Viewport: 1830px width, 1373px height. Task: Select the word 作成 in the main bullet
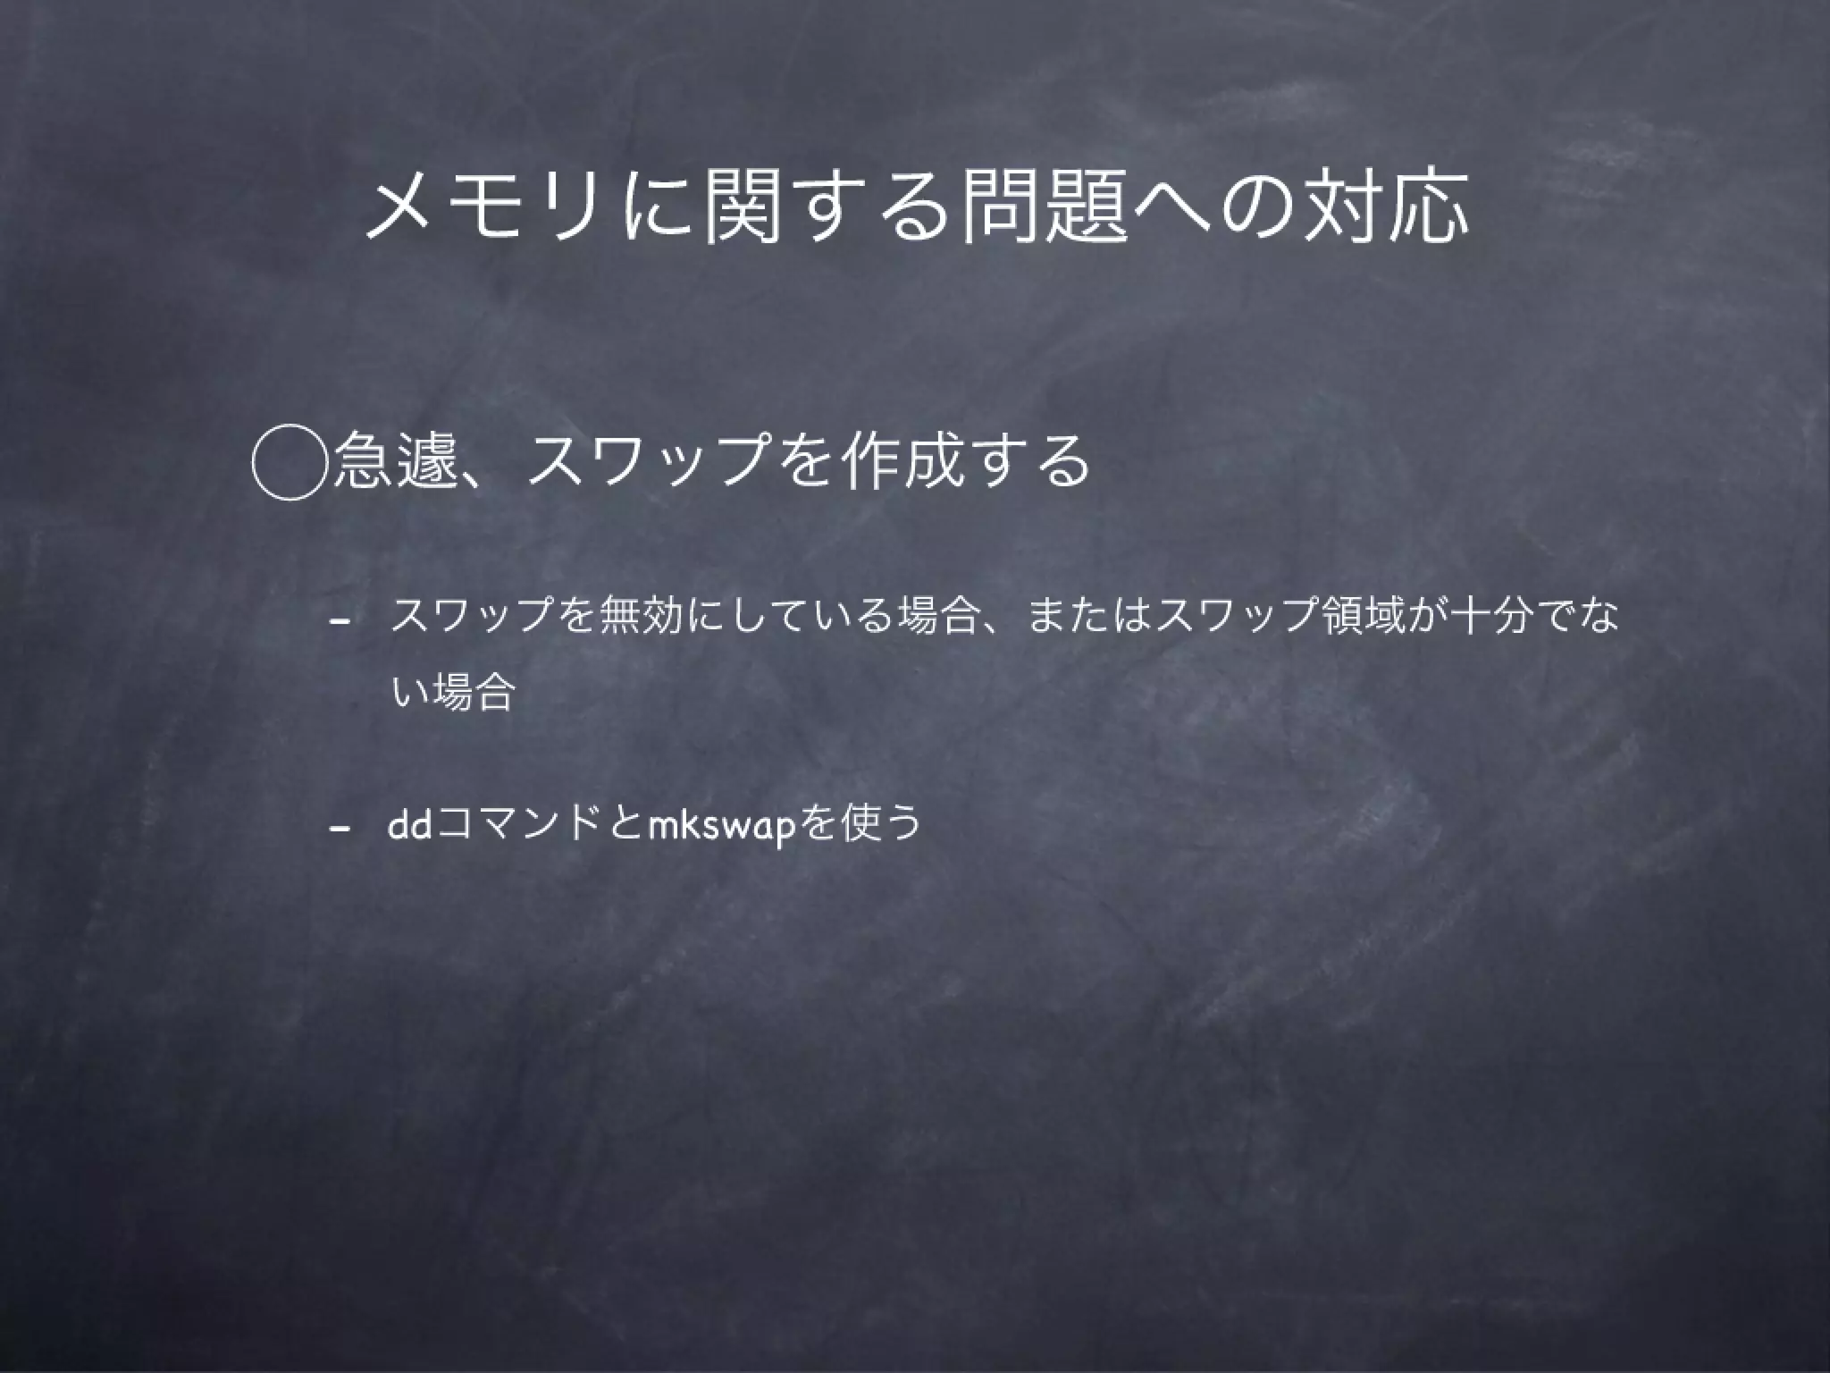coord(902,461)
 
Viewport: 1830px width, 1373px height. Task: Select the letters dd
coord(410,822)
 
